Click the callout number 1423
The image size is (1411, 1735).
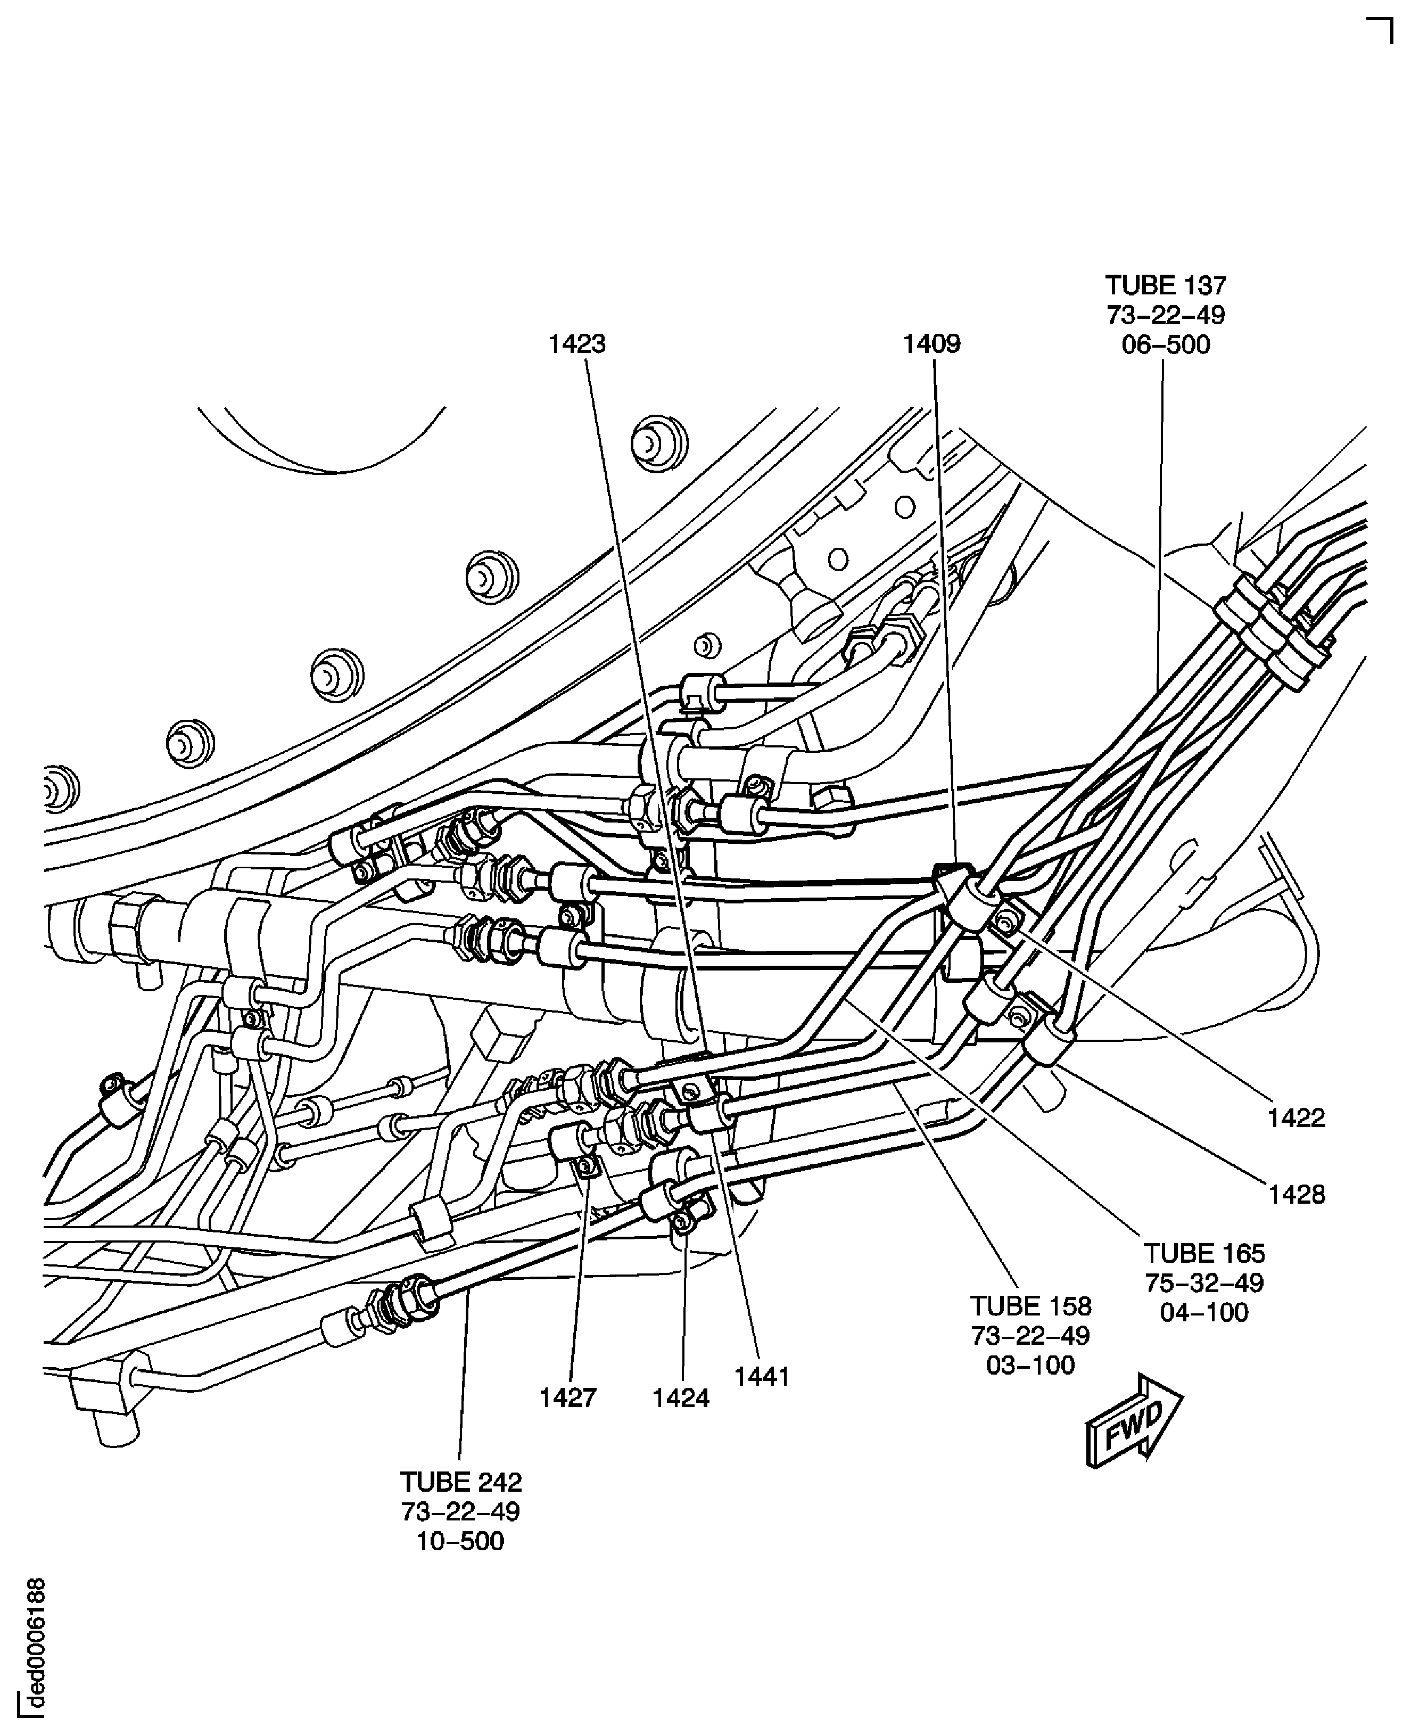pos(576,345)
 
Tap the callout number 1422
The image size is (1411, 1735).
pos(1297,1118)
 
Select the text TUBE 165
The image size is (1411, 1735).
pos(1204,1253)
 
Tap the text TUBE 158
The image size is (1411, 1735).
pos(1030,1306)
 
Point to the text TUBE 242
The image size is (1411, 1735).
pos(461,1482)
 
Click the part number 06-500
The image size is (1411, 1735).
pos(1166,345)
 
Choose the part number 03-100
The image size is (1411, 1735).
pos(1030,1365)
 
